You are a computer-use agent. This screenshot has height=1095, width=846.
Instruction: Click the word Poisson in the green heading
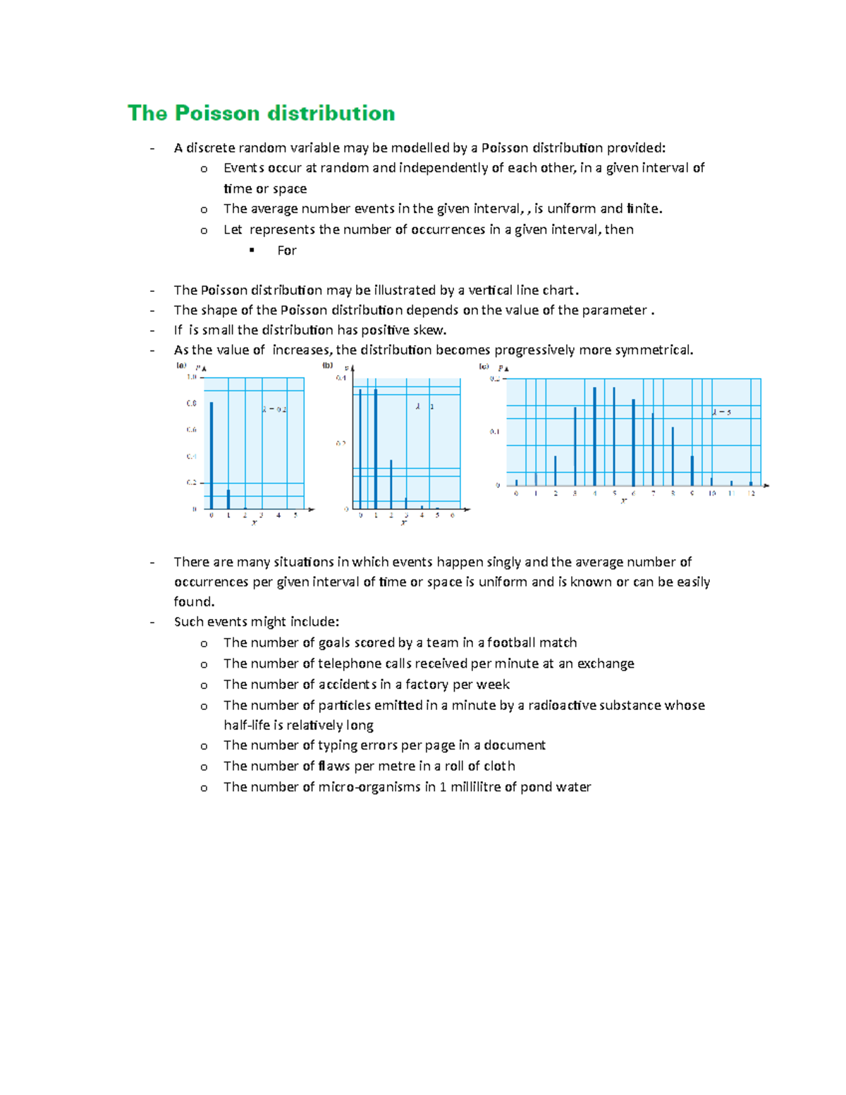pyautogui.click(x=218, y=113)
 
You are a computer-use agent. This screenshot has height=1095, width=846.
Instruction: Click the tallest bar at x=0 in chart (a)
pyautogui.click(x=211, y=455)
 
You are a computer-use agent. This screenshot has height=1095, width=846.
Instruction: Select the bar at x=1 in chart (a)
pyautogui.click(x=228, y=498)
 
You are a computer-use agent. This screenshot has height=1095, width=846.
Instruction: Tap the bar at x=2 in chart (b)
pyautogui.click(x=391, y=484)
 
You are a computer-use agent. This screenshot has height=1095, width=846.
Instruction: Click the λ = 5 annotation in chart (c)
pyautogui.click(x=721, y=412)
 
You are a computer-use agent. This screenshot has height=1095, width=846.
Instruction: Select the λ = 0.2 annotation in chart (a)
pyautogui.click(x=274, y=409)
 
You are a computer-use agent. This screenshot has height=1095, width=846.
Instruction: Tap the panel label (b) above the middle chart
pyautogui.click(x=327, y=365)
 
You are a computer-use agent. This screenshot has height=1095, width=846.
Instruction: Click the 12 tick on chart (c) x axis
pyautogui.click(x=752, y=494)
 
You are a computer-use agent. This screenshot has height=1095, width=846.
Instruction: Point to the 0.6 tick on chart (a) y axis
pyautogui.click(x=191, y=429)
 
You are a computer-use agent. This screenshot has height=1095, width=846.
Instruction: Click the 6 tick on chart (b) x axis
pyautogui.click(x=452, y=515)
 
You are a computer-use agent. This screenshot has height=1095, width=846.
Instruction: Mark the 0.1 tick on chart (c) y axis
pyautogui.click(x=495, y=432)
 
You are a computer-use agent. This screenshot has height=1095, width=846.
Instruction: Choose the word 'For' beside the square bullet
pyautogui.click(x=286, y=250)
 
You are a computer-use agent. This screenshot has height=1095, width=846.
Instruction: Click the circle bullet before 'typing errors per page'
pyautogui.click(x=204, y=746)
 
